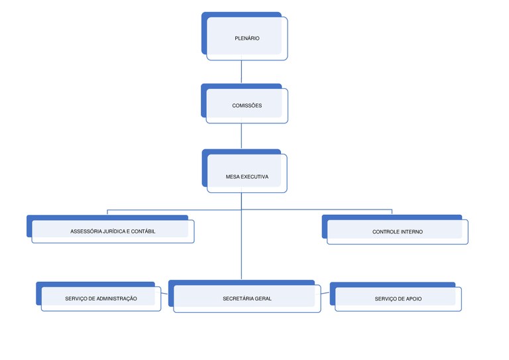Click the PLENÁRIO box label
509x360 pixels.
247,38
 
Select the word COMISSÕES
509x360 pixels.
247,105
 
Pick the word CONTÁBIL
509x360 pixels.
143,231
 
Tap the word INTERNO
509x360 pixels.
412,232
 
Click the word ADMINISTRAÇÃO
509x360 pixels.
117,298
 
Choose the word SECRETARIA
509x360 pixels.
237,298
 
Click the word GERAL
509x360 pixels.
263,298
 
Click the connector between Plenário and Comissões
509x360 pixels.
241,72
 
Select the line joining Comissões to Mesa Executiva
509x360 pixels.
241,136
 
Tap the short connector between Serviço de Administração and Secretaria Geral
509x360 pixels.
164,294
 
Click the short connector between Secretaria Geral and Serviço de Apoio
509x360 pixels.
325,293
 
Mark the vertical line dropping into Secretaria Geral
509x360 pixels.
241,236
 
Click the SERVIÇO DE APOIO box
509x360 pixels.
396,297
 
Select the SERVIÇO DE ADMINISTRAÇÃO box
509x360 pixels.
99,296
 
